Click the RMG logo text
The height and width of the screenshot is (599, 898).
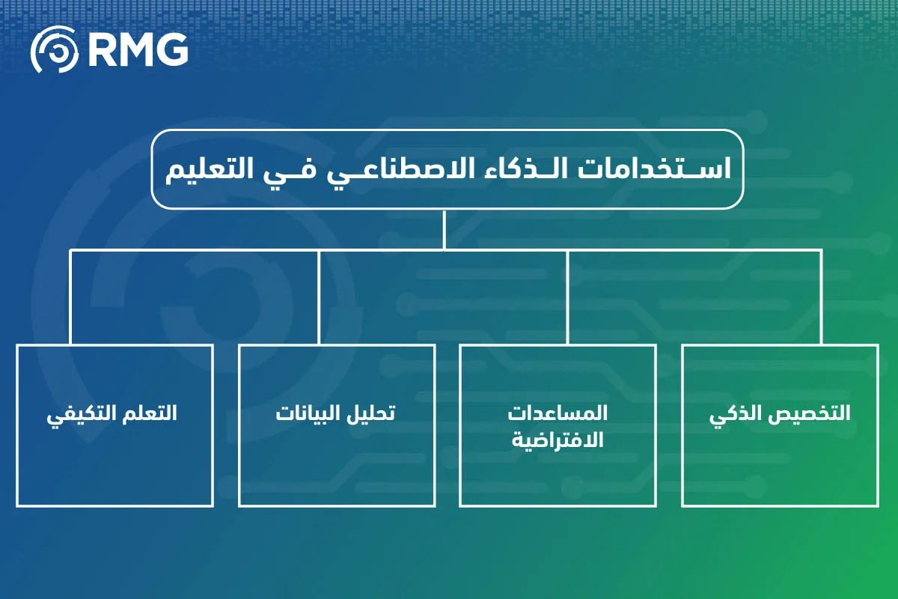(x=138, y=49)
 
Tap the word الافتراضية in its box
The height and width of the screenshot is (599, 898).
(x=558, y=440)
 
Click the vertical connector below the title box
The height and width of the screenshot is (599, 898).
(x=445, y=229)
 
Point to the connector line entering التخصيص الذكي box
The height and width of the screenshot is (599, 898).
(x=821, y=299)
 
